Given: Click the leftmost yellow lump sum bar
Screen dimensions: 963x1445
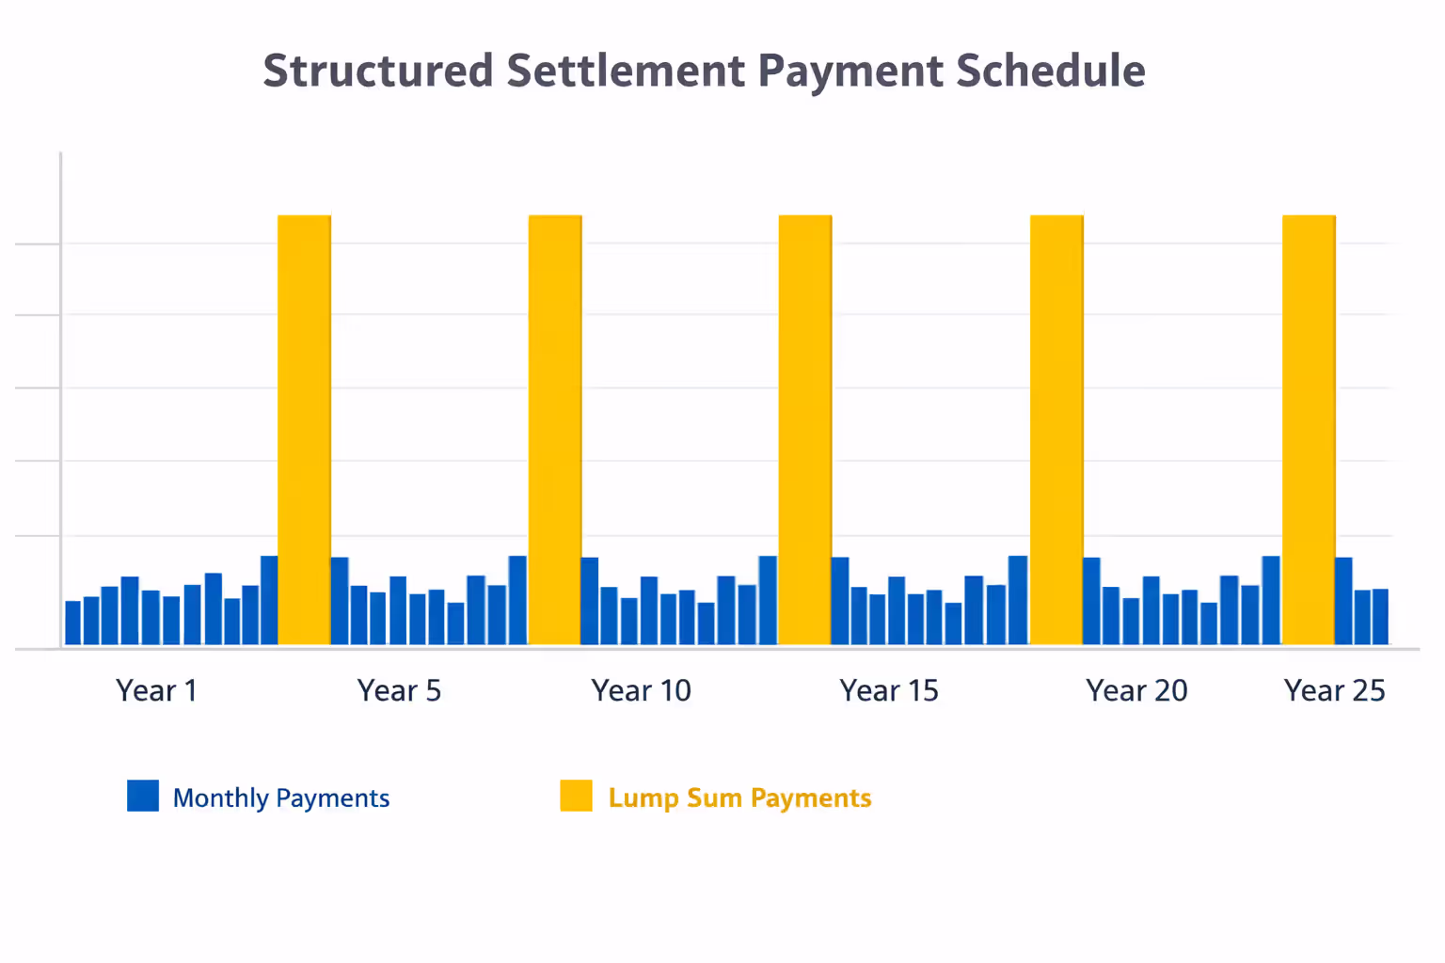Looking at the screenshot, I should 304,430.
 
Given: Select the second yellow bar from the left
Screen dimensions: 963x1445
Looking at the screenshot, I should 555,430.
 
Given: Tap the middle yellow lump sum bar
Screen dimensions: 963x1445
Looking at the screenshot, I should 805,430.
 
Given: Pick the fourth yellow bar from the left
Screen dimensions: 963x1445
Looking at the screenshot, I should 1056,430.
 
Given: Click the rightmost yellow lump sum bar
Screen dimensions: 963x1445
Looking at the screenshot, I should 1309,430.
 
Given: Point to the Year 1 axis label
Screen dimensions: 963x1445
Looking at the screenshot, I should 157,690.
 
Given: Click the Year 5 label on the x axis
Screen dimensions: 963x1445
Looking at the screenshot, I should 399,690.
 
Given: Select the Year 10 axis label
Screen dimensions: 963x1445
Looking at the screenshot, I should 641,690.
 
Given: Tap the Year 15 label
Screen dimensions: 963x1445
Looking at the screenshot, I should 889,690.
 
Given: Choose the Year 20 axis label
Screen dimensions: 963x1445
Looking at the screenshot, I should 1136,690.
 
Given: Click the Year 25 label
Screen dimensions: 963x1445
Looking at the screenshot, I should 1334,690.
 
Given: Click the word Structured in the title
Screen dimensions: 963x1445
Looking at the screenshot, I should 377,71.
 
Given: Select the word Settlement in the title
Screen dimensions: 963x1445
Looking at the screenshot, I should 627,71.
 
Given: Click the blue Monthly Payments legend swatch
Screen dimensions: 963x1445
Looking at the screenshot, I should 143,796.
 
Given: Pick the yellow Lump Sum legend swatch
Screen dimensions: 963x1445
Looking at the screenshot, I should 576,796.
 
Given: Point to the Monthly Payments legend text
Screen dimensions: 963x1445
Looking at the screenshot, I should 280,797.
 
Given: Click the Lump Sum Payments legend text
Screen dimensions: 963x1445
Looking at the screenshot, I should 739,797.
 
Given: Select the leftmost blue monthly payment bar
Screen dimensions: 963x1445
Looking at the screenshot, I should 72,623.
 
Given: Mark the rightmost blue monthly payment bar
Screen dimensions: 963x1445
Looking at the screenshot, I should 1380,617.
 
